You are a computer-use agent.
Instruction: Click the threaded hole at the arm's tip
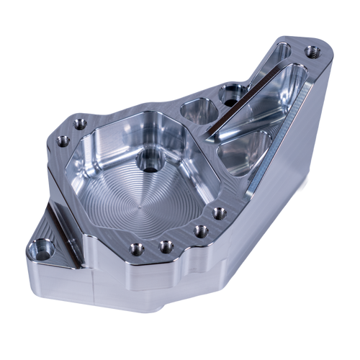(x=311, y=52)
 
